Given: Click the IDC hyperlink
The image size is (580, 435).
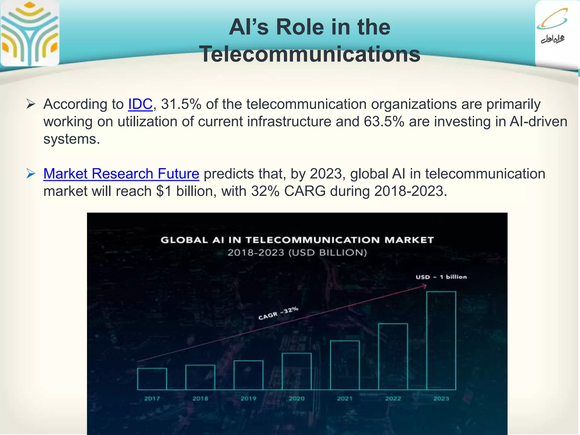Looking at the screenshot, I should click(140, 104).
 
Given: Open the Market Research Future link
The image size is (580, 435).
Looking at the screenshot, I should click(121, 174).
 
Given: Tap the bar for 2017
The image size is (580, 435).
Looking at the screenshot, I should click(152, 379).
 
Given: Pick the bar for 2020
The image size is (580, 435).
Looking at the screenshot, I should click(297, 371).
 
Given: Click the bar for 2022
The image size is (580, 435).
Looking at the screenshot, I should click(393, 357).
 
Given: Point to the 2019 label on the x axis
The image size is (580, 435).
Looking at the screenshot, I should click(248, 398).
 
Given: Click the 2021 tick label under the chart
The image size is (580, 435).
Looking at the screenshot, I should click(345, 398).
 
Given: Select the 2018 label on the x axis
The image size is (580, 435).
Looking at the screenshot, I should click(200, 398).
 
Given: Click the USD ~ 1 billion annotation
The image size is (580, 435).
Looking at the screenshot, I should click(441, 277).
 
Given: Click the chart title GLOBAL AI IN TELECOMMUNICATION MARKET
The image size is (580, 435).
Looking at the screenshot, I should click(297, 240).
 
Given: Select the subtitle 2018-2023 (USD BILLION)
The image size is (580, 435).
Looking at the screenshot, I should click(297, 252).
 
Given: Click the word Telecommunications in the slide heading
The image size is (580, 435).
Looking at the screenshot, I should click(310, 54).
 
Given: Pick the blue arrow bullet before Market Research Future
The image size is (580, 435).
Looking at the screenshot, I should click(31, 173).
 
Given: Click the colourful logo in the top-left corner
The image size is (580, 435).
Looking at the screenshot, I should click(30, 33).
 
